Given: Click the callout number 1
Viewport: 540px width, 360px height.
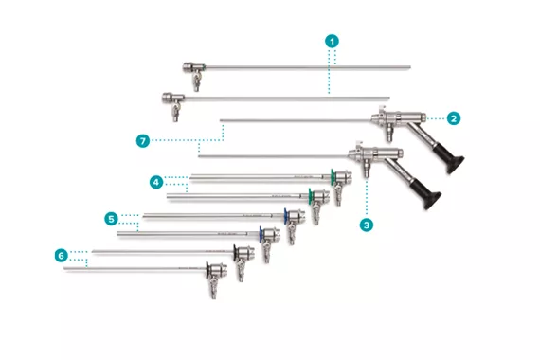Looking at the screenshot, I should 332,42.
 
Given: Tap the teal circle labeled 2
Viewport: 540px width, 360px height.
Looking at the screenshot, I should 454,118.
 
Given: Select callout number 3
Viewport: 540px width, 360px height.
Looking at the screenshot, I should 365,225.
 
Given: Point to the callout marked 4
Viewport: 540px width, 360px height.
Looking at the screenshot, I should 155,180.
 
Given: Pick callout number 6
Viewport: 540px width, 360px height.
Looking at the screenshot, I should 62,255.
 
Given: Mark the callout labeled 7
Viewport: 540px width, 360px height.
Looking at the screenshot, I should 142,140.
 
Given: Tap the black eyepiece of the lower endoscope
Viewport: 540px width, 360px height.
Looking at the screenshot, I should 428,197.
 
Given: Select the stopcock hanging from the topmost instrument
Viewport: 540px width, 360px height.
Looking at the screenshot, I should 197,83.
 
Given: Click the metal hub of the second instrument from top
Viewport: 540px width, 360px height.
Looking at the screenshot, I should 171,98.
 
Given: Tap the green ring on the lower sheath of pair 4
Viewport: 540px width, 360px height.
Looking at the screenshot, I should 312,195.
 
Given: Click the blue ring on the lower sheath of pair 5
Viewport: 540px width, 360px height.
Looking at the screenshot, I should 261,233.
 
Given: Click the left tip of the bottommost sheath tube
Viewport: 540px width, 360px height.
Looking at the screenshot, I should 64,269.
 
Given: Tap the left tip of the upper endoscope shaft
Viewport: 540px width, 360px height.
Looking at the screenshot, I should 221,120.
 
